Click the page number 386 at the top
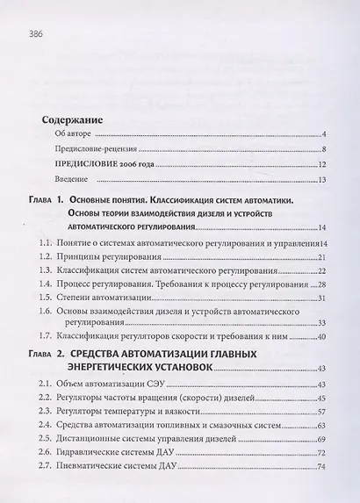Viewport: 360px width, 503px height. (36, 34)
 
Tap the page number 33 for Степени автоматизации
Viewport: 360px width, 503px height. (321, 300)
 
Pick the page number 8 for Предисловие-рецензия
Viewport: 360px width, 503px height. (323, 150)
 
